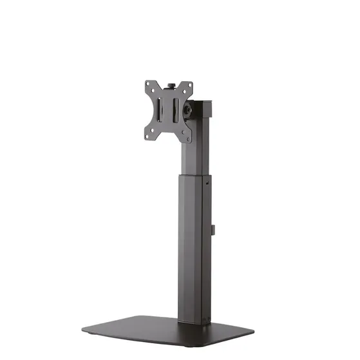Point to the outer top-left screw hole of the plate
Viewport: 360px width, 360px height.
coord(148,84)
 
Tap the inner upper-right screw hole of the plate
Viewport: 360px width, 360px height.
coord(182,95)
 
